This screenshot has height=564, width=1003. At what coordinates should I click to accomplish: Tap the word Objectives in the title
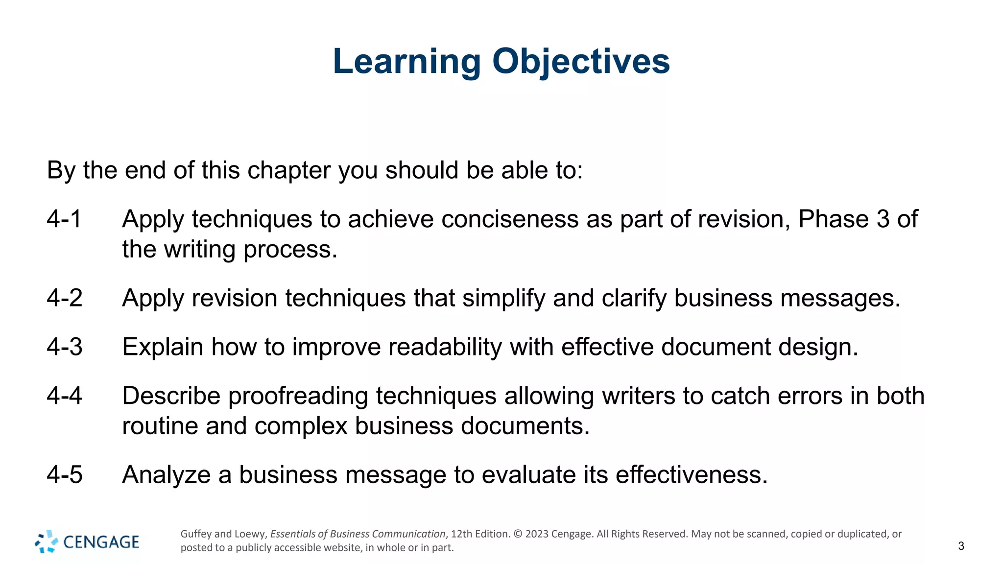click(x=581, y=62)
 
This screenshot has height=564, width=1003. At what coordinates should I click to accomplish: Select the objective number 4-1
click(x=64, y=219)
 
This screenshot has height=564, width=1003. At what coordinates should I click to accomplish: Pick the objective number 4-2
click(x=65, y=298)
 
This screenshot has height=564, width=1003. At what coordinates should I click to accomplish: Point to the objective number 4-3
click(x=65, y=347)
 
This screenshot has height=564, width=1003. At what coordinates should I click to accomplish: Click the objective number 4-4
click(x=65, y=396)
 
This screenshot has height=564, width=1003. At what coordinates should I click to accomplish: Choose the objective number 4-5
click(x=65, y=474)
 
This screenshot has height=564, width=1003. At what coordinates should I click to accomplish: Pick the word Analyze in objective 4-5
click(x=167, y=475)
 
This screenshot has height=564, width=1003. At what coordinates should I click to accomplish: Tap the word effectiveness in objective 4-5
click(x=691, y=474)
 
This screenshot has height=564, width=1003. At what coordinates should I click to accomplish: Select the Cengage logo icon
click(x=46, y=541)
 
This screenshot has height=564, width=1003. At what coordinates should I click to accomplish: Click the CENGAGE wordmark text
click(x=101, y=542)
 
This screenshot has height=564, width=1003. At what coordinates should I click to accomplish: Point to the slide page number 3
click(x=961, y=546)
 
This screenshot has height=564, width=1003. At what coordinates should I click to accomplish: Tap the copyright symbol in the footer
click(x=518, y=534)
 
